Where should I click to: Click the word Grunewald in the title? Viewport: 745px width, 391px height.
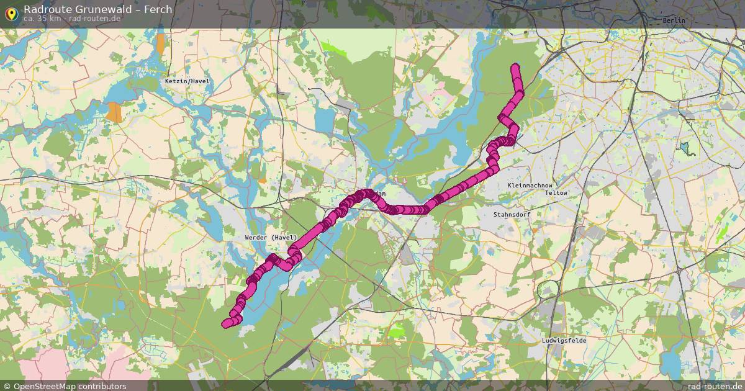tap(104, 9)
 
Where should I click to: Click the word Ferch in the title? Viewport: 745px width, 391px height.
tap(158, 9)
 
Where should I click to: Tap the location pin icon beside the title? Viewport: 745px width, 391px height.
tap(11, 12)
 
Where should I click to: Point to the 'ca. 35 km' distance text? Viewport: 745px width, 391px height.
tap(42, 19)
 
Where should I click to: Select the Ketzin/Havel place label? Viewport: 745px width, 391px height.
tap(187, 81)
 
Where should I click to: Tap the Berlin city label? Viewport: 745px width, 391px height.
tap(674, 20)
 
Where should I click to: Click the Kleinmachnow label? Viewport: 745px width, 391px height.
tap(530, 186)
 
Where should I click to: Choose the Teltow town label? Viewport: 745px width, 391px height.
tap(556, 193)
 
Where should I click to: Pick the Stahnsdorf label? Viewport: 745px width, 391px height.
tap(512, 214)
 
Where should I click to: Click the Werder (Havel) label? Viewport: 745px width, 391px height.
tap(271, 238)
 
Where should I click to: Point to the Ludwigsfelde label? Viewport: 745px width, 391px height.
tap(564, 341)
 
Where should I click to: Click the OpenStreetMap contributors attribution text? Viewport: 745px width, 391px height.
tap(70, 386)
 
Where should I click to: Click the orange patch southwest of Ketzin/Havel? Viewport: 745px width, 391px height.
tap(114, 112)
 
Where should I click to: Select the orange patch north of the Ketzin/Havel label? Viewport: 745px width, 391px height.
tap(161, 43)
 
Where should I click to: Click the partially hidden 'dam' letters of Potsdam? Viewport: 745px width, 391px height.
tap(381, 194)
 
